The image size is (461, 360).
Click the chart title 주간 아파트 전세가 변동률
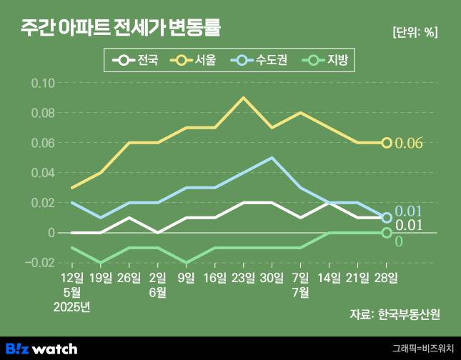120,29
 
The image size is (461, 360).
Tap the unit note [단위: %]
415,32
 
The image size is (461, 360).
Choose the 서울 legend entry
197,61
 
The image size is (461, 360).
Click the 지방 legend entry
328,61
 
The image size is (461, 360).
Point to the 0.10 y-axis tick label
43,83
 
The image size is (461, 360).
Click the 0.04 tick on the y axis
43,173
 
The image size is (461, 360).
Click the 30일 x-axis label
272,276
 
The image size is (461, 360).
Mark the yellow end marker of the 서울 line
387,143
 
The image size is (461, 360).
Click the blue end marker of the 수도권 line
387,218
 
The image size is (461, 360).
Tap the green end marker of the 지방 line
387,233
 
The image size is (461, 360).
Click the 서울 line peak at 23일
244,98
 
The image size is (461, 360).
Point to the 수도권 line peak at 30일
272,158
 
